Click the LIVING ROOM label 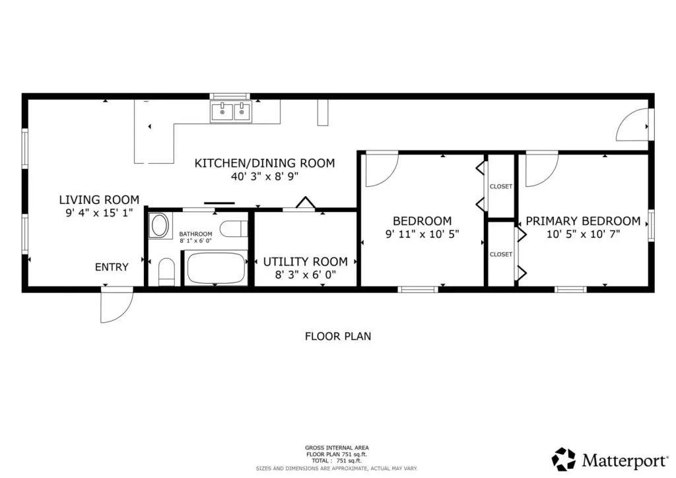(99, 199)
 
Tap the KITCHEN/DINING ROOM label (265, 163)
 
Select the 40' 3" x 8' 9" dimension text (265, 176)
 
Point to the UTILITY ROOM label (305, 261)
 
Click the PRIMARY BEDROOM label (583, 221)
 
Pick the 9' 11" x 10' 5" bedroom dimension (422, 234)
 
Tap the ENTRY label (112, 267)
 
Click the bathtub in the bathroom (217, 268)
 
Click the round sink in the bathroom (159, 225)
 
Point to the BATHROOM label (195, 234)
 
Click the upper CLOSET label (501, 187)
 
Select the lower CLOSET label (501, 255)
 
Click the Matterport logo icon (564, 459)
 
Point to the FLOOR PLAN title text (338, 336)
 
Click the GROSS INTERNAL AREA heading (337, 448)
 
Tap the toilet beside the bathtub (166, 271)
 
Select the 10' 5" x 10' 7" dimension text (584, 234)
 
